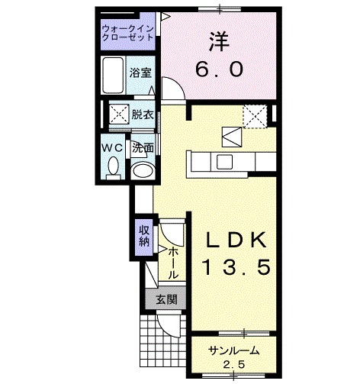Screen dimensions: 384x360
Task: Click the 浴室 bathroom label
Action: tap(140, 73)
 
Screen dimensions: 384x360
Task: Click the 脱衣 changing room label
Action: tap(142, 115)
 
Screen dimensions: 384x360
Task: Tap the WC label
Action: tap(114, 144)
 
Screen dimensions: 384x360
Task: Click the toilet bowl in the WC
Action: tap(114, 166)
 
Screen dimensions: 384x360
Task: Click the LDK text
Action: tap(236, 241)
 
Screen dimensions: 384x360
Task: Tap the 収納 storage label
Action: tap(143, 236)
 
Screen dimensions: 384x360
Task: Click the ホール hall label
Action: tap(173, 262)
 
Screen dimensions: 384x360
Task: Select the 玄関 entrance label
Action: tap(166, 300)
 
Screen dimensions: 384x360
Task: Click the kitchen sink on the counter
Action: tap(225, 161)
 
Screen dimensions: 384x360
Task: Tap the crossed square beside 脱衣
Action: tap(118, 115)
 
